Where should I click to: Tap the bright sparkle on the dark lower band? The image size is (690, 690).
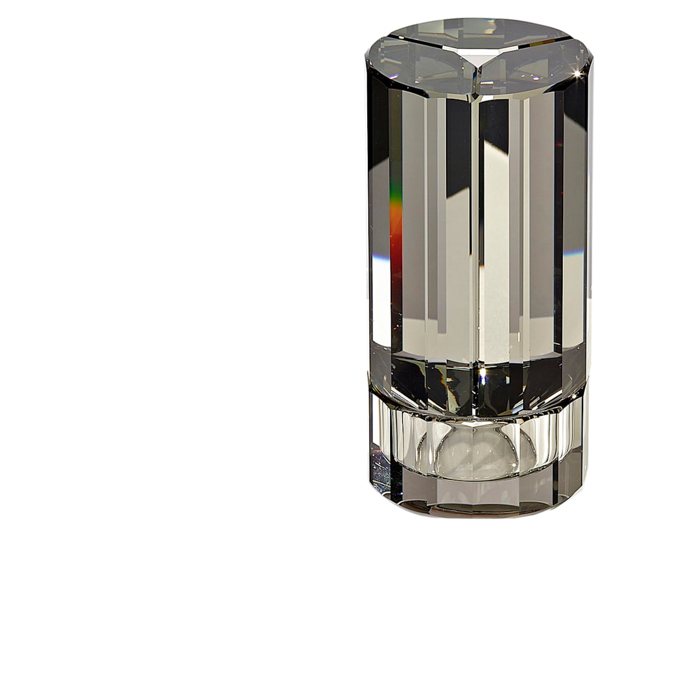(x=483, y=374)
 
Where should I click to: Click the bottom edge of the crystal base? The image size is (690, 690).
(x=477, y=515)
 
